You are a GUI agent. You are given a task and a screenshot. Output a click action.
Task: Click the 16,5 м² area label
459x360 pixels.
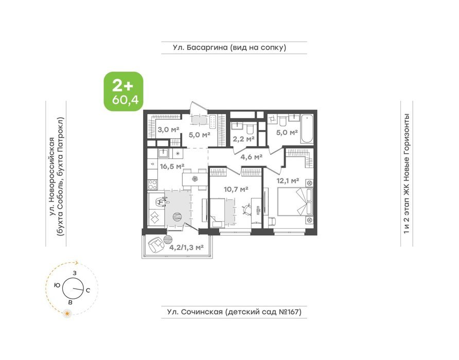click(x=172, y=167)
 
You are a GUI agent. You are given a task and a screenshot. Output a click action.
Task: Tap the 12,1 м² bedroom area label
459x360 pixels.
click(x=288, y=181)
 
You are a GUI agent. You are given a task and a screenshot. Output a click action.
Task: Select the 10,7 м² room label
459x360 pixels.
click(x=236, y=189)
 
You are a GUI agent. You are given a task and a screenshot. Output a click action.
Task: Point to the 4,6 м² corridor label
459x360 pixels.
click(x=251, y=157)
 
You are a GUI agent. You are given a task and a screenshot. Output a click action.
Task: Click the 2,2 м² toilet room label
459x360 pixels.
click(x=243, y=139)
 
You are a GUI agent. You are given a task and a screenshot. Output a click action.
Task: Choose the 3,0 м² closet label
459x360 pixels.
click(x=168, y=130)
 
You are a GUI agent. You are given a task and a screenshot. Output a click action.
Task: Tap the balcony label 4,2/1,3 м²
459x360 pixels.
click(x=187, y=247)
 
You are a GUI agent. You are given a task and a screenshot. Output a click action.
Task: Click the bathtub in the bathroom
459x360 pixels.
click(x=307, y=129)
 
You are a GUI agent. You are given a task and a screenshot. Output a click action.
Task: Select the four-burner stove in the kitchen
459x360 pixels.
click(x=152, y=185)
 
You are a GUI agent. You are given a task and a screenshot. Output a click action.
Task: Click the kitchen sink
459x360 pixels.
click(x=163, y=153)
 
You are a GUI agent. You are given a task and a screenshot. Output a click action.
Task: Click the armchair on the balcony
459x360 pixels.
click(x=156, y=245)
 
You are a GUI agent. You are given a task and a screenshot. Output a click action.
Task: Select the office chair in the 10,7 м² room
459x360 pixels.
click(x=246, y=209)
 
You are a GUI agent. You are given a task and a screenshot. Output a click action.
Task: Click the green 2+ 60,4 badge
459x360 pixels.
click(x=123, y=92)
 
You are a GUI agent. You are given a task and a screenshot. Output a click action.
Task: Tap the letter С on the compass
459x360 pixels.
click(x=87, y=291)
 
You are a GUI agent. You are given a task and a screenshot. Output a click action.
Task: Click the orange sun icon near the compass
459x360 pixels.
click(x=68, y=314)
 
